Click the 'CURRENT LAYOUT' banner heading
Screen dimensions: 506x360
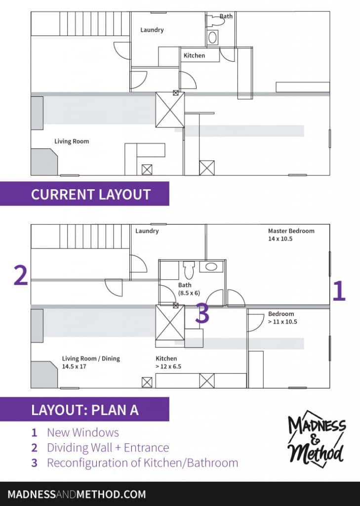(90, 194)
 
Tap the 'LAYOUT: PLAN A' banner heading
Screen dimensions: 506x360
(85, 410)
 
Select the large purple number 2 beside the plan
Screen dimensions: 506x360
(20, 276)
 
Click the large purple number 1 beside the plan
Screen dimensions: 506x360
(338, 291)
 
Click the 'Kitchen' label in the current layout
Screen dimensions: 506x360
(194, 55)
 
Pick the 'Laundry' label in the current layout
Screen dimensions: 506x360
(152, 30)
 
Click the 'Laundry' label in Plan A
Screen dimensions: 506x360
(147, 231)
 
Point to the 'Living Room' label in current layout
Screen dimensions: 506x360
(72, 141)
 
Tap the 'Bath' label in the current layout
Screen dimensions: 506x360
(226, 16)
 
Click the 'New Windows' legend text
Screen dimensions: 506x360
(82, 433)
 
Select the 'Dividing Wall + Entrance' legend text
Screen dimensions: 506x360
(108, 448)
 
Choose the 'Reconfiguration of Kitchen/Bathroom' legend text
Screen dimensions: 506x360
(142, 463)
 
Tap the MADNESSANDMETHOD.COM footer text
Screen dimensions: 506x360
(77, 494)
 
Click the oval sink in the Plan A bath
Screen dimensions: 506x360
(211, 267)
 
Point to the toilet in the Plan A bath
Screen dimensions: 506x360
(188, 270)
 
